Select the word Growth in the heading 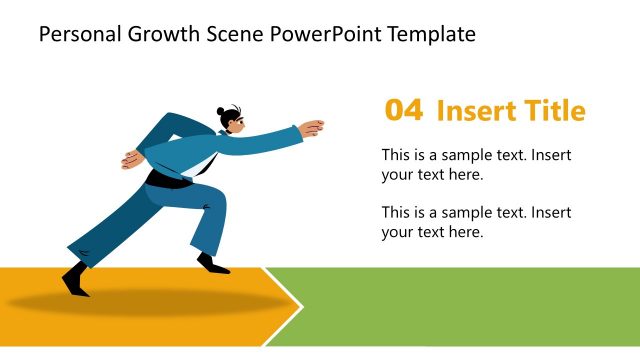[153, 36]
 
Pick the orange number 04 [404, 111]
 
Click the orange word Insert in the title [473, 111]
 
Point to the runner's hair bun [232, 109]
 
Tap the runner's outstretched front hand [314, 127]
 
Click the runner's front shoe [213, 265]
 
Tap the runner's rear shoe [74, 276]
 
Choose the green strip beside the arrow [470, 306]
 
